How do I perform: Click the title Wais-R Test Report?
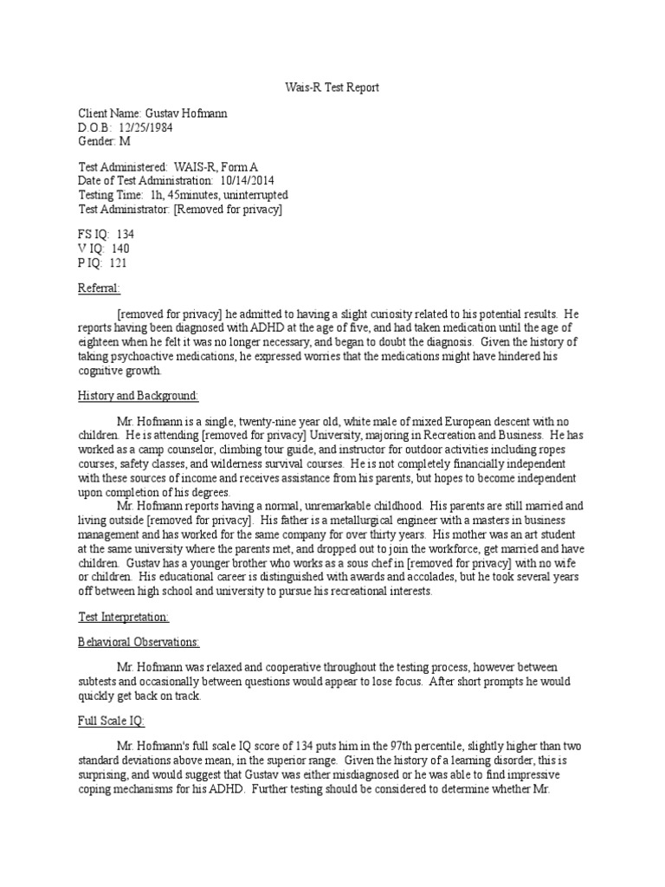(x=332, y=88)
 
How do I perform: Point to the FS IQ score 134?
(x=124, y=235)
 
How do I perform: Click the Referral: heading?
(x=100, y=288)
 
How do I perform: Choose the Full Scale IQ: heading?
(x=113, y=721)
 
